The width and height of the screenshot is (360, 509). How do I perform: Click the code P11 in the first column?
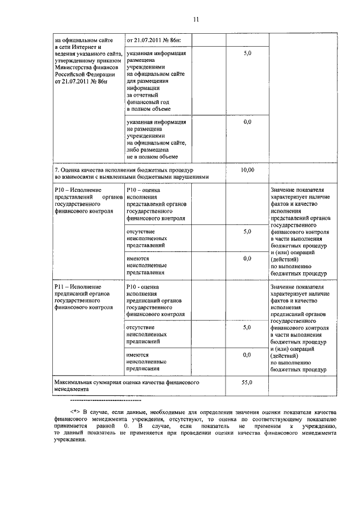(x=60, y=287)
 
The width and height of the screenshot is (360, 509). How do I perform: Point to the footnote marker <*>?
(x=76, y=412)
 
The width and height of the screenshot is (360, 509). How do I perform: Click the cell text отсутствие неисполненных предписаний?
(x=147, y=334)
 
